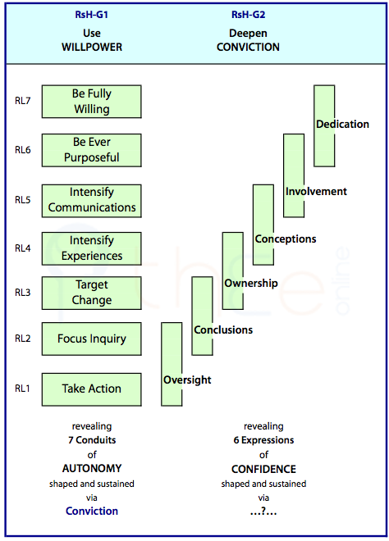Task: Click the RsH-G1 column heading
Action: (92, 15)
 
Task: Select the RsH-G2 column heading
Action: (248, 15)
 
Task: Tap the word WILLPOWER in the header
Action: (92, 47)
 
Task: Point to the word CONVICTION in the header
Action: (248, 47)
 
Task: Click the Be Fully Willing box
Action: (92, 102)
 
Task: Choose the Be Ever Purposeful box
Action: (92, 150)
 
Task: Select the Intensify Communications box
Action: (92, 201)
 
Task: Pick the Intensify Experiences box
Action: (92, 248)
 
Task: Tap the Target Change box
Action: (92, 293)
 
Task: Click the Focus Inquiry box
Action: (92, 339)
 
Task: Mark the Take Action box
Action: (92, 389)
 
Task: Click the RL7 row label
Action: (22, 101)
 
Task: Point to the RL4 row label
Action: (22, 248)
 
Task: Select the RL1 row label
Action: (22, 389)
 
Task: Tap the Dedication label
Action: (342, 125)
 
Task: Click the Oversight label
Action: (187, 380)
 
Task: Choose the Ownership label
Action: (251, 284)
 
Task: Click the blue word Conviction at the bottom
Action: (92, 511)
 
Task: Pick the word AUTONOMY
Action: (92, 468)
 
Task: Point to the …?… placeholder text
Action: (263, 511)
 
